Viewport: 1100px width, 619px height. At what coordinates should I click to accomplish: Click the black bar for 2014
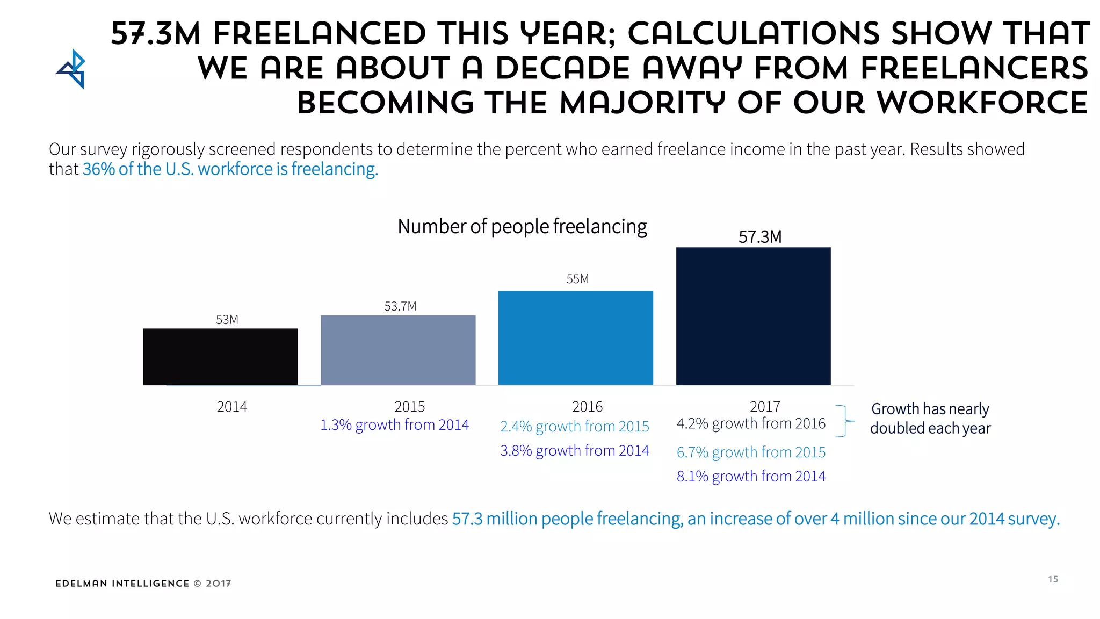[220, 356]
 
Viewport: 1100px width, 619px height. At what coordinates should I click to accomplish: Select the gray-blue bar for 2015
[398, 350]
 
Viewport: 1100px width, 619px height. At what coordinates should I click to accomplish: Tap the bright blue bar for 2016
[576, 337]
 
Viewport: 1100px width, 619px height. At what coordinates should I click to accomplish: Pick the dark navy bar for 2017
[753, 316]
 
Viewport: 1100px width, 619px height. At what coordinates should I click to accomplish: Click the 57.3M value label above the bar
[759, 237]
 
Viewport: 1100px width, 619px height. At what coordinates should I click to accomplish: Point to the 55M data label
[577, 279]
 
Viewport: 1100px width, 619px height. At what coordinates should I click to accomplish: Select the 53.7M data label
[400, 306]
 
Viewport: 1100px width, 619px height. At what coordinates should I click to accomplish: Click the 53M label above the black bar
[227, 320]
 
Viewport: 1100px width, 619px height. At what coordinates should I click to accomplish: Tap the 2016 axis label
[587, 407]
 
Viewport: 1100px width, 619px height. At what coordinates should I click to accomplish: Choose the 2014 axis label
[231, 407]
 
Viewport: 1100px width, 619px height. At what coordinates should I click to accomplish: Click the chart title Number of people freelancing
[522, 227]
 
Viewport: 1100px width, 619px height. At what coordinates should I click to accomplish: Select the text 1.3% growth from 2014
[394, 425]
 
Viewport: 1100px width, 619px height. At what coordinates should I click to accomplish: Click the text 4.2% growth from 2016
[750, 424]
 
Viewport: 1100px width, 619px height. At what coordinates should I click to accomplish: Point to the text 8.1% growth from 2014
[750, 477]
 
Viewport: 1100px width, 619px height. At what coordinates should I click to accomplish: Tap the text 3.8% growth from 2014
[574, 451]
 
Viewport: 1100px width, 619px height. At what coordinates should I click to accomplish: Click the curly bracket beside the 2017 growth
[844, 421]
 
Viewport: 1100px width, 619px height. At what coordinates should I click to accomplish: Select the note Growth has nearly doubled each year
[930, 419]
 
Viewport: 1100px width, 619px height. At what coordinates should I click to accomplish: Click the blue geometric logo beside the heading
[72, 69]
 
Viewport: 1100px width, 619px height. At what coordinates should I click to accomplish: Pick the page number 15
[1053, 579]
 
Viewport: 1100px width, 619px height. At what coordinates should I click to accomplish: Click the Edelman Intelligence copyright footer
[143, 584]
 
